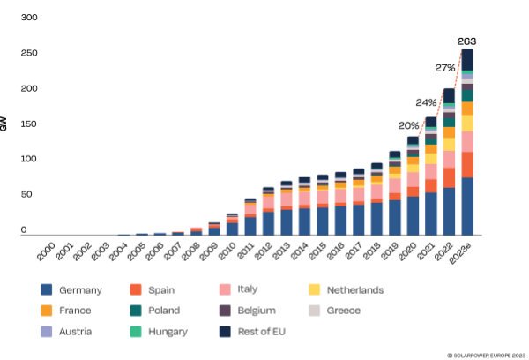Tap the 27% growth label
click(x=446, y=68)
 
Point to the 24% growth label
click(x=427, y=101)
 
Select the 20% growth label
click(x=408, y=125)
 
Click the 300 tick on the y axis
click(x=28, y=19)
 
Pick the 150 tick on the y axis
click(x=28, y=124)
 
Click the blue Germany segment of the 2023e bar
click(x=467, y=207)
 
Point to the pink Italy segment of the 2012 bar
click(x=268, y=201)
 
